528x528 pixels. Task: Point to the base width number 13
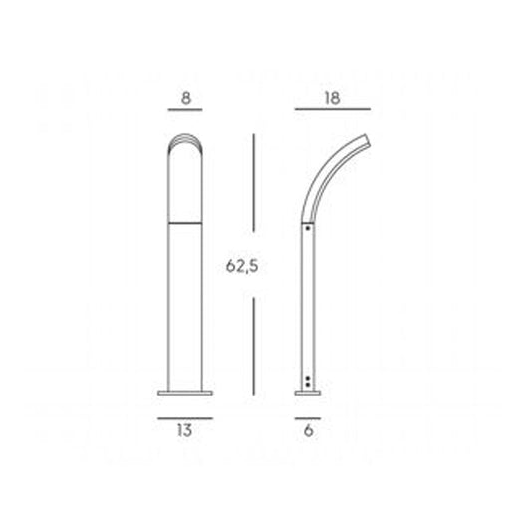tap(185, 431)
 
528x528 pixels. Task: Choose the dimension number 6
tap(309, 431)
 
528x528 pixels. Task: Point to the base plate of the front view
tap(185, 393)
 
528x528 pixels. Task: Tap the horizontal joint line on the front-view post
tap(185, 225)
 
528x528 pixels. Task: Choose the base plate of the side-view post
tap(309, 393)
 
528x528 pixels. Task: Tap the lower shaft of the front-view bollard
tap(185, 309)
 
